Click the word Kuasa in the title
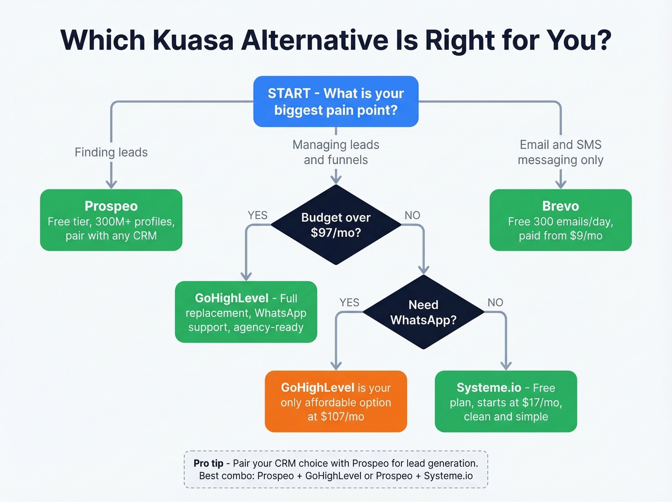(x=193, y=40)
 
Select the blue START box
(x=336, y=101)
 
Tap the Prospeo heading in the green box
(x=111, y=206)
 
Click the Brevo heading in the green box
(x=560, y=206)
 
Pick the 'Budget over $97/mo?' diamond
(x=336, y=225)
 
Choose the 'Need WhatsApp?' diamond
(x=423, y=312)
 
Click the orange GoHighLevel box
(x=336, y=402)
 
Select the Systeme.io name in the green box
(x=489, y=388)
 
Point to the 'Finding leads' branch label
(x=111, y=152)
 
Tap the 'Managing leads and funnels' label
(x=336, y=152)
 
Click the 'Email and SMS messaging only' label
(x=560, y=152)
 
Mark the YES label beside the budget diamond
(x=257, y=215)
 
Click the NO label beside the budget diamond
(x=412, y=215)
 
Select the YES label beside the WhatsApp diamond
(x=349, y=303)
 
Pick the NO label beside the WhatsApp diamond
(x=495, y=303)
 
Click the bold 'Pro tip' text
(x=208, y=464)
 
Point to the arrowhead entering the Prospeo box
(x=111, y=184)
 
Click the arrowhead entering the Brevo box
(x=560, y=184)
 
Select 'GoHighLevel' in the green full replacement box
(x=231, y=298)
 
